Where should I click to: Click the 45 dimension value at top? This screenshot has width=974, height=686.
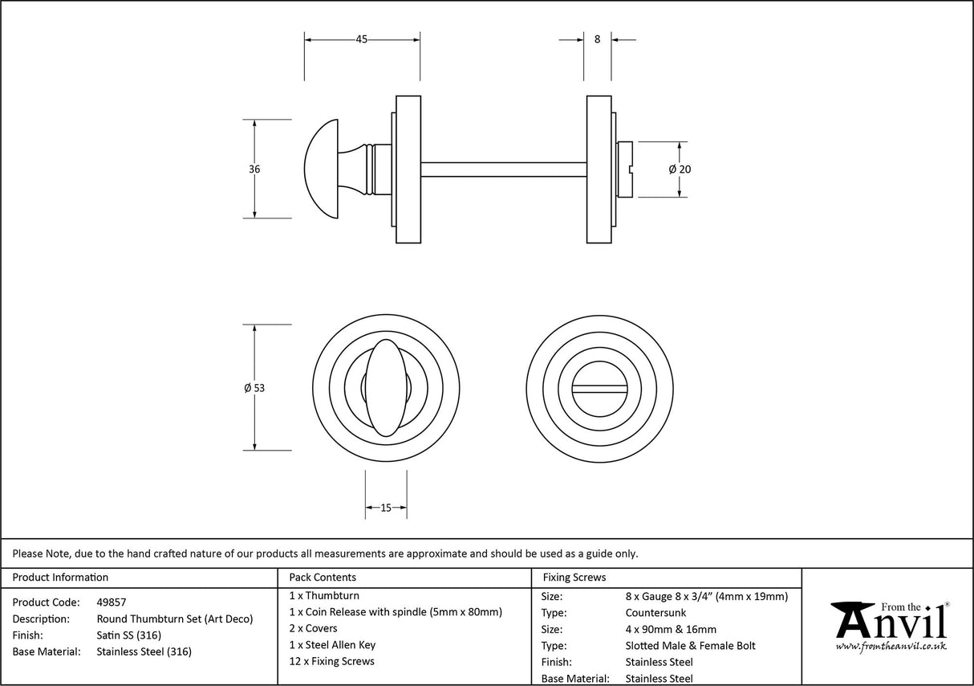point(361,39)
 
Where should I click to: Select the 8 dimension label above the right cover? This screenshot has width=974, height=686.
point(597,39)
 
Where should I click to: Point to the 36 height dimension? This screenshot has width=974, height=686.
point(254,169)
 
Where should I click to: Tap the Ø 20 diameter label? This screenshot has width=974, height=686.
point(679,169)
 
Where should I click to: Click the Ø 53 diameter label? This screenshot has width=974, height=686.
point(254,388)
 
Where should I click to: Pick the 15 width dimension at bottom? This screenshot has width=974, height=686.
point(386,508)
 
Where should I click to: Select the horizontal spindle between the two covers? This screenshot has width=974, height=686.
point(503,169)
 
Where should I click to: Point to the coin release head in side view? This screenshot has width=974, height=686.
point(624,169)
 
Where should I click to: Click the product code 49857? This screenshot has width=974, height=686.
point(112,602)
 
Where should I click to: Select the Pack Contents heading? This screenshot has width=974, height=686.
point(323,577)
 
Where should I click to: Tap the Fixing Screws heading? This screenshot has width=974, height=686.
point(574,577)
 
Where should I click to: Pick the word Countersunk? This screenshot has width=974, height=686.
point(655,613)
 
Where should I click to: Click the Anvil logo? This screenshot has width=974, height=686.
point(890,624)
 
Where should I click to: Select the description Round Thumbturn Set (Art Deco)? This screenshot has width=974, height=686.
point(174,619)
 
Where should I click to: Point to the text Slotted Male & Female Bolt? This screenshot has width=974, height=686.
point(690,646)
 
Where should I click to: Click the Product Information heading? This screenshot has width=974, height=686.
point(60,577)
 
